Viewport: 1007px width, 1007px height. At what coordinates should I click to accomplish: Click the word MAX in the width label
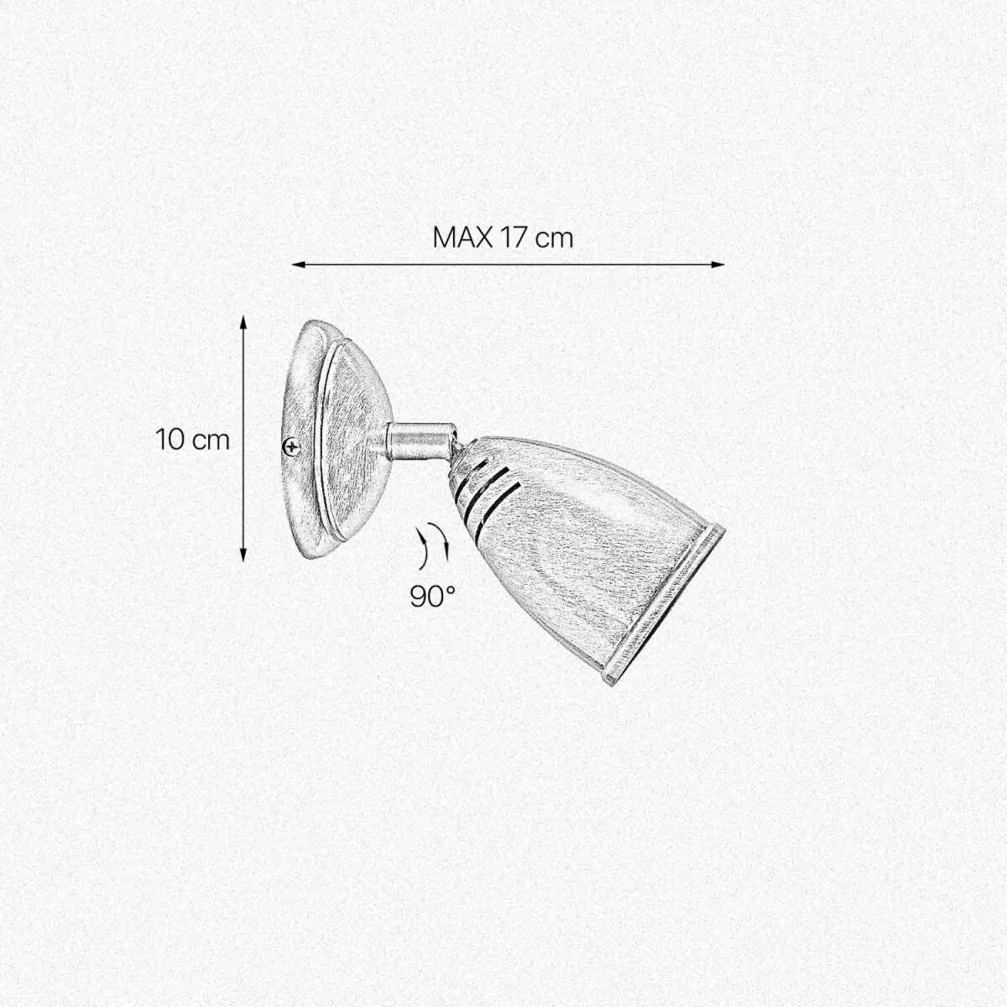[x=462, y=237]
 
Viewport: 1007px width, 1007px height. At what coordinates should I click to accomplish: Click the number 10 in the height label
[x=170, y=440]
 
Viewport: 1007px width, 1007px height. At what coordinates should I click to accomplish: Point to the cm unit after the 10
[x=211, y=442]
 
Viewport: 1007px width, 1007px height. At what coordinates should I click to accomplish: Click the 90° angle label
[x=432, y=597]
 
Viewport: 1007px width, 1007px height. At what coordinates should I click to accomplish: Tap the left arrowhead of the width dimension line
[x=298, y=264]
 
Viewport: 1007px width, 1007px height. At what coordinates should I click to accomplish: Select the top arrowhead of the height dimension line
[x=243, y=321]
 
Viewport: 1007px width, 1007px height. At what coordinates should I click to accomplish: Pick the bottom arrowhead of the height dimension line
[x=243, y=556]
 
